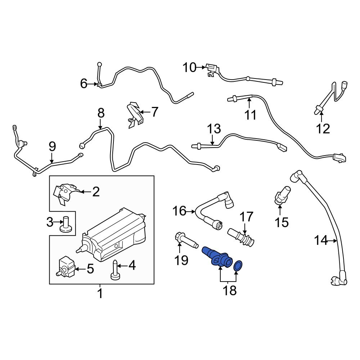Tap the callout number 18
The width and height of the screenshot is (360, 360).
tap(230, 291)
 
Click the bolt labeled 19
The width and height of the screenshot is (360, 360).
tap(185, 241)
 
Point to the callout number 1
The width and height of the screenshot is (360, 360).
tap(100, 293)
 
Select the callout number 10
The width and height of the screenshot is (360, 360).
tap(190, 67)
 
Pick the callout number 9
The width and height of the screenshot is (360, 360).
tap(52, 147)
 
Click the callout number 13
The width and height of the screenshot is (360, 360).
tap(213, 129)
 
